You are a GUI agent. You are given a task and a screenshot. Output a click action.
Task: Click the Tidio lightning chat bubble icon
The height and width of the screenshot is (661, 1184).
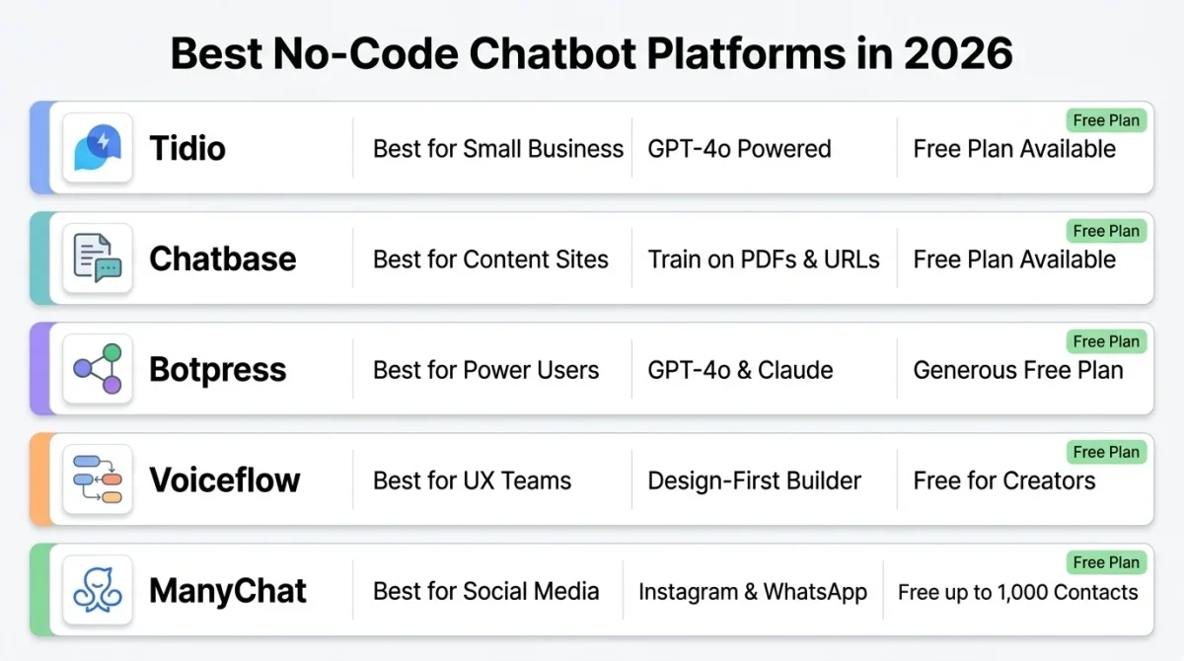tap(98, 148)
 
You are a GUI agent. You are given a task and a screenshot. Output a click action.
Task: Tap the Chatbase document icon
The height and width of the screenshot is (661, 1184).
tap(98, 258)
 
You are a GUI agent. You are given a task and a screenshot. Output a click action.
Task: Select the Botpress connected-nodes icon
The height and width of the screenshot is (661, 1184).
tap(98, 369)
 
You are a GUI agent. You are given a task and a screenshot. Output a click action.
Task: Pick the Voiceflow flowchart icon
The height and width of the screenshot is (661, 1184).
tap(98, 479)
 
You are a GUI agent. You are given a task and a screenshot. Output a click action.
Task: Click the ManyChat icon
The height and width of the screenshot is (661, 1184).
tap(98, 590)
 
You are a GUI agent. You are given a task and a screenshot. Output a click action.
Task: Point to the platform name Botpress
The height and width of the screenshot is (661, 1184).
tap(217, 370)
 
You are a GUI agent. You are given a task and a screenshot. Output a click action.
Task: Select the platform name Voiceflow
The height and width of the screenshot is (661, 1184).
tap(224, 480)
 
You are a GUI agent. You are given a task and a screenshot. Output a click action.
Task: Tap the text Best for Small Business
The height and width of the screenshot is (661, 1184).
tap(497, 149)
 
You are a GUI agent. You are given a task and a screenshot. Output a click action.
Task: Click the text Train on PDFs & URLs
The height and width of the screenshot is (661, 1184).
tap(764, 259)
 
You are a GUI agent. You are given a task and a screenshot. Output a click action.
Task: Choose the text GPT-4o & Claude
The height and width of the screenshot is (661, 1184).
tap(740, 370)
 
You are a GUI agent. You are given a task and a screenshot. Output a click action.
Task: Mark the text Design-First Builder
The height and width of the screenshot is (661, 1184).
tap(754, 480)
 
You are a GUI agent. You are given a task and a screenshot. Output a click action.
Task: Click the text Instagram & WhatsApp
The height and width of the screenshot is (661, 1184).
tap(752, 592)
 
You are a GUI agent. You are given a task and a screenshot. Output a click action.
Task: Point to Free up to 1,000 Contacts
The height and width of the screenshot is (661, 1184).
tap(1017, 592)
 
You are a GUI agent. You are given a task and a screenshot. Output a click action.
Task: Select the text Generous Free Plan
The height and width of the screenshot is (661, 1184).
tap(1017, 370)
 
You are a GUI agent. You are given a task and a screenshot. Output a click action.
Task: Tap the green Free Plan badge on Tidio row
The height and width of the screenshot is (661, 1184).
tap(1106, 120)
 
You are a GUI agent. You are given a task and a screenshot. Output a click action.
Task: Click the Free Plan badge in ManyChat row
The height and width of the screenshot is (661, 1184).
tap(1106, 562)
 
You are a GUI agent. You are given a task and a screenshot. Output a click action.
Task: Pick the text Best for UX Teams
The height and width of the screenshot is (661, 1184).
tap(472, 480)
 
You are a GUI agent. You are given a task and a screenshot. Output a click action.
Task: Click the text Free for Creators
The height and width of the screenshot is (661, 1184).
tap(1003, 480)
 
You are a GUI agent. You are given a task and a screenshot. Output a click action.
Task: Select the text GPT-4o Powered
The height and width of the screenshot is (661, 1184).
tap(739, 149)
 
